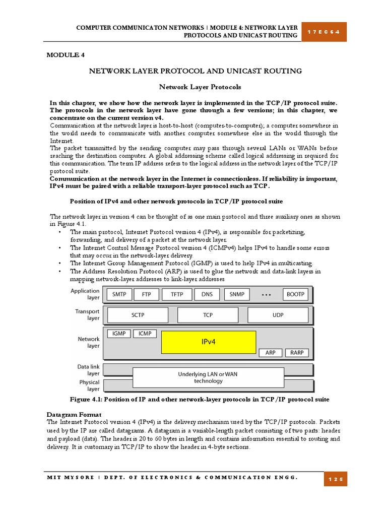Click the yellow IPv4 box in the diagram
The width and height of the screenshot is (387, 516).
(x=209, y=342)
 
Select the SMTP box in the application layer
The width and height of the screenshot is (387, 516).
(x=119, y=294)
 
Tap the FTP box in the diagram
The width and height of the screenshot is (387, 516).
(x=147, y=294)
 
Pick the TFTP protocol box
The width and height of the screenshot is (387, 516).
(x=177, y=294)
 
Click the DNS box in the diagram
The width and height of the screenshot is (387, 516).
(x=207, y=294)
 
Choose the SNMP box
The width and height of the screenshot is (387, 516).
(x=237, y=294)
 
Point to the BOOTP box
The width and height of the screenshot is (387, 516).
(x=296, y=294)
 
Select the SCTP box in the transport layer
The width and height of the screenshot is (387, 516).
(x=138, y=315)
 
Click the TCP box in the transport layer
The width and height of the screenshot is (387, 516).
(x=208, y=315)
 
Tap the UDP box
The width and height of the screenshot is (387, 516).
(x=278, y=315)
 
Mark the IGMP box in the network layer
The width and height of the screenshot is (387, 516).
(x=118, y=334)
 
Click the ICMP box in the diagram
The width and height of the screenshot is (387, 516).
(x=145, y=334)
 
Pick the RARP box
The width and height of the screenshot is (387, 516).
(x=297, y=353)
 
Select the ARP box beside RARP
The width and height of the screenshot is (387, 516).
(x=271, y=353)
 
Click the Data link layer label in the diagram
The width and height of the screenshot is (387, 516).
(x=88, y=370)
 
